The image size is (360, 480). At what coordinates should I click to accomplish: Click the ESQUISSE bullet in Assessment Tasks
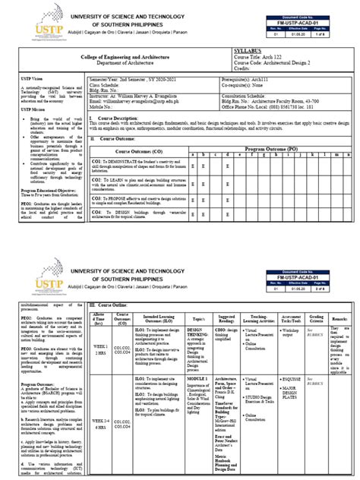pos(294,377)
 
